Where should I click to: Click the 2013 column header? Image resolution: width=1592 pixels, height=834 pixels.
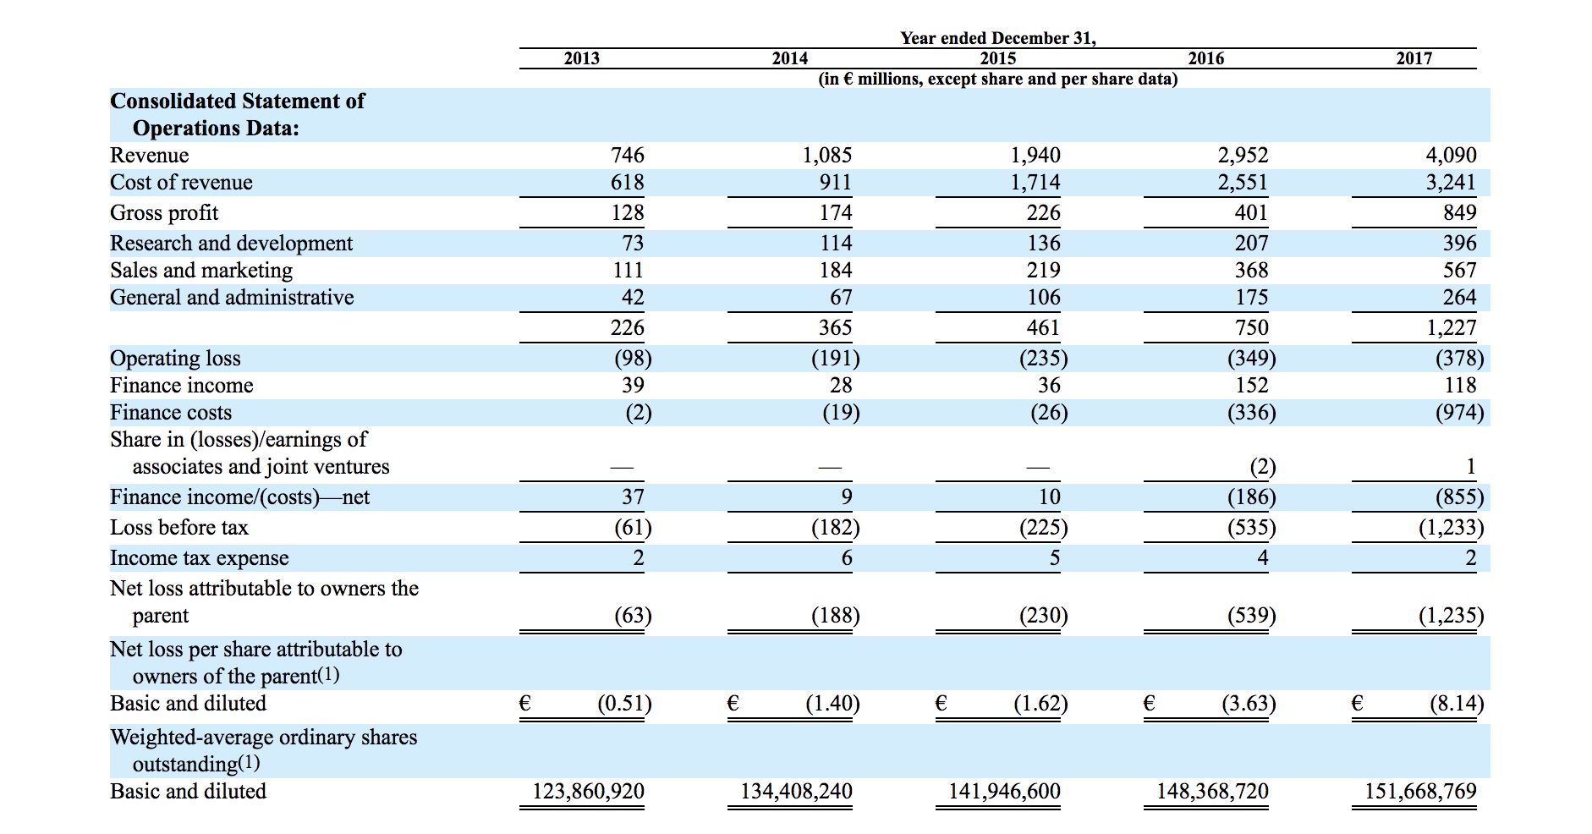pos(581,58)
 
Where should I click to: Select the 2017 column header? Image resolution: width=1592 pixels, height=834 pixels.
pos(1414,58)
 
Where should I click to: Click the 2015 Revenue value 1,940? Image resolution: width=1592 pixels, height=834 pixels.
pos(1035,156)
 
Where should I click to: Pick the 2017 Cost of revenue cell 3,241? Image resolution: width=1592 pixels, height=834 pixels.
pos(1452,183)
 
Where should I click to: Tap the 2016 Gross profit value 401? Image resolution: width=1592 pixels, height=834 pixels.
pos(1251,213)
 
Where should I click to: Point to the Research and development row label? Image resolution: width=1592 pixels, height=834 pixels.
pos(231,244)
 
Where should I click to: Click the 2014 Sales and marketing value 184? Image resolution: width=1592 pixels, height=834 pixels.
pos(836,271)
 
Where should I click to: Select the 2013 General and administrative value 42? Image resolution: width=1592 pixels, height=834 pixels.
pos(633,298)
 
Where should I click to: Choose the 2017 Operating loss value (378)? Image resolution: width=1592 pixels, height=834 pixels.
pos(1459,359)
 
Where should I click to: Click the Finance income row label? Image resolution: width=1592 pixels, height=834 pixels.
pos(182,386)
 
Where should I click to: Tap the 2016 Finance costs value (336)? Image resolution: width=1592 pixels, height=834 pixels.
pos(1251,413)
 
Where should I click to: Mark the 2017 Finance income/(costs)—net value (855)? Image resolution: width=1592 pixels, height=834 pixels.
pos(1459,497)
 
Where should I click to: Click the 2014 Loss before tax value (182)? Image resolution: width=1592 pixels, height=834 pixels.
pos(835,528)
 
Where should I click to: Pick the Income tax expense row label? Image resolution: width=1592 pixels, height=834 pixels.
pos(200,558)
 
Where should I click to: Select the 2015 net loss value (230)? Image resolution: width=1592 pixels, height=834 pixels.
pos(1043,616)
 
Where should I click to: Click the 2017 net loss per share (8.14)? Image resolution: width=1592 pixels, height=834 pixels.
pos(1456,704)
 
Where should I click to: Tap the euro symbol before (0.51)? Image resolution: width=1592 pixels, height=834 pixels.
pos(525,703)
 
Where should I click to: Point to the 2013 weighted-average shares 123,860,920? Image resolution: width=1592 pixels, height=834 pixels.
pos(588,792)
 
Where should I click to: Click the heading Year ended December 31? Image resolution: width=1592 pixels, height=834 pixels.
pos(998,38)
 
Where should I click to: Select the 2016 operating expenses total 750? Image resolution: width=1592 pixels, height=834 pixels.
pos(1251,328)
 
